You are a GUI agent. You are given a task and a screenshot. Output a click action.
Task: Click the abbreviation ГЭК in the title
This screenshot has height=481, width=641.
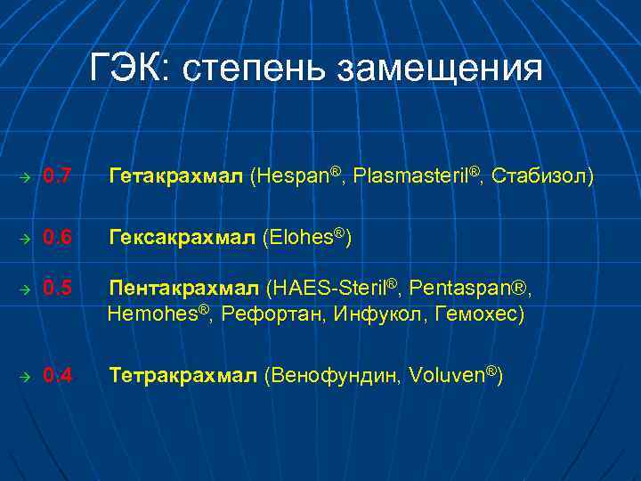131,69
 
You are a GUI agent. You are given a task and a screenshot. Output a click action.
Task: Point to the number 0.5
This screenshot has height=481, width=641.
59,289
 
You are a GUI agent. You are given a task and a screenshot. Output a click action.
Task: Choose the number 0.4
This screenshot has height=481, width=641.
59,376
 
